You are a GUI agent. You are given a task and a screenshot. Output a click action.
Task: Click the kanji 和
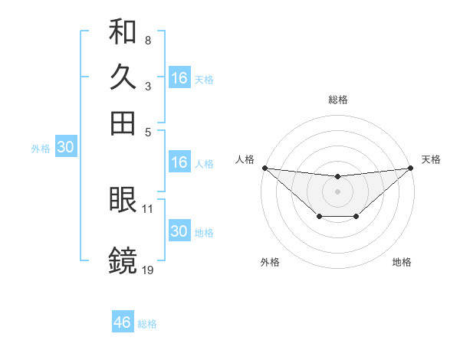pos(123,32)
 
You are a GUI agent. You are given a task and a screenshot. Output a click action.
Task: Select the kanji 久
pos(123,77)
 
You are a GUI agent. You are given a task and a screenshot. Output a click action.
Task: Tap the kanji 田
pos(123,123)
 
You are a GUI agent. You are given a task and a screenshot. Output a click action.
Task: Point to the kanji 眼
pos(123,201)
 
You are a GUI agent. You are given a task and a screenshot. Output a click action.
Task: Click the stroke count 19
pos(148,270)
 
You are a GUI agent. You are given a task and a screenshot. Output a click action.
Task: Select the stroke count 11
pos(148,208)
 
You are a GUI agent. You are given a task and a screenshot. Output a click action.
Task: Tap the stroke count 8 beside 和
pos(147,40)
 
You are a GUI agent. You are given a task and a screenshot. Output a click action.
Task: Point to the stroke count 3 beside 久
pos(147,86)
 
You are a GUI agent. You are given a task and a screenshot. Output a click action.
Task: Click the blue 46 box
pos(123,322)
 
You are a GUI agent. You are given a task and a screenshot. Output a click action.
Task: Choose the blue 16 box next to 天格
pos(179,78)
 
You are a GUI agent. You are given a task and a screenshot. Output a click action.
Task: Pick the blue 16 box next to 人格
pos(179,162)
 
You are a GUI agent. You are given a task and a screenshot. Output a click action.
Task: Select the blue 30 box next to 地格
pos(179,231)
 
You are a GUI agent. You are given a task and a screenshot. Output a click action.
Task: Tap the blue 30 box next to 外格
pos(65,148)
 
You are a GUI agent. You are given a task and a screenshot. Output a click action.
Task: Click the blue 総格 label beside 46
pos(147,323)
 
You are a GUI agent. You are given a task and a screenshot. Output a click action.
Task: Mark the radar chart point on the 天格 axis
pos(411,167)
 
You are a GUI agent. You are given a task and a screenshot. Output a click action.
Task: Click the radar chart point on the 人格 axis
pos(264,167)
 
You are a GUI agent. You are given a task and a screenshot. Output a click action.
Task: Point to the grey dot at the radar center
pos(337,191)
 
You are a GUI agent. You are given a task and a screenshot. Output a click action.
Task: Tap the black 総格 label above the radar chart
pos(337,100)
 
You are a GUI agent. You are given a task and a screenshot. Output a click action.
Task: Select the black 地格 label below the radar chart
pos(402,262)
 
